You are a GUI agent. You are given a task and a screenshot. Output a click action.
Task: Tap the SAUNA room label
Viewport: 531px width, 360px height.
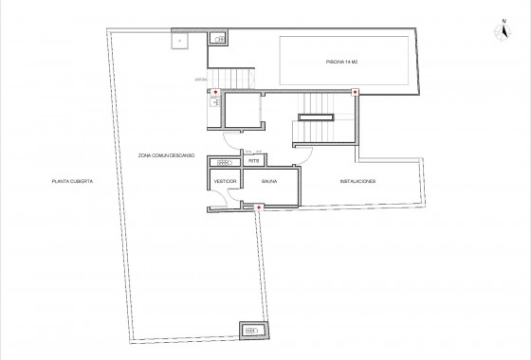[270, 181]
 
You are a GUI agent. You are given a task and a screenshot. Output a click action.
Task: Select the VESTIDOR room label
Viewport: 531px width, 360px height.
[225, 181]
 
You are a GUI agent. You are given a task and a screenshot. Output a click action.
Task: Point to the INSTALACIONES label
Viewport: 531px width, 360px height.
[357, 181]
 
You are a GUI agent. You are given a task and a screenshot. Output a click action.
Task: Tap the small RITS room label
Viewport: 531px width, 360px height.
[254, 161]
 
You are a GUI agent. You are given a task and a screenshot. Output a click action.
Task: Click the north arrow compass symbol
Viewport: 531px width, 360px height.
[500, 31]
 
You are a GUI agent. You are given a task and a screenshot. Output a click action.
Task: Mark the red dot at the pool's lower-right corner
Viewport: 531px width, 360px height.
[356, 92]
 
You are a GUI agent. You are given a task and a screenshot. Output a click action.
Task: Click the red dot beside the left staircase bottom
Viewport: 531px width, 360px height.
[216, 92]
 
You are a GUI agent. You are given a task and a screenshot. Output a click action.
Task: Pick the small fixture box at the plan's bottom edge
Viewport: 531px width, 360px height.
[252, 330]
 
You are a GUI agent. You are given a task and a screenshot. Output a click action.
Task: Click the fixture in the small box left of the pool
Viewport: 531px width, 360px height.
[219, 39]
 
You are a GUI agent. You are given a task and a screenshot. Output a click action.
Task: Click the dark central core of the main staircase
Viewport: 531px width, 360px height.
[316, 117]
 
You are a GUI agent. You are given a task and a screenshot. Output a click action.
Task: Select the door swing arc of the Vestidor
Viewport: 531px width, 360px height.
[220, 197]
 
